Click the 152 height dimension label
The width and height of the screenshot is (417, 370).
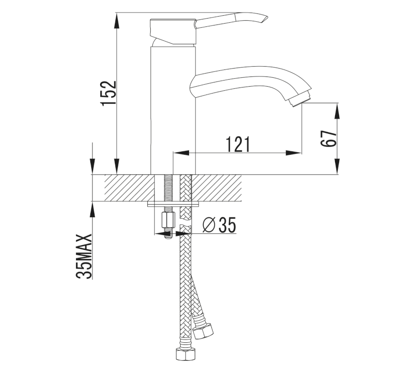pos(109,93)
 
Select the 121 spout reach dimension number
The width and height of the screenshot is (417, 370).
pos(238,144)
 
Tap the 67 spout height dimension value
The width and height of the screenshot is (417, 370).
pos(329,138)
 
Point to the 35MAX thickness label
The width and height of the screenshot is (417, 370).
pos(84,256)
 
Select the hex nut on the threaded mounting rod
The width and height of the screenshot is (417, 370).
pos(168,220)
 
